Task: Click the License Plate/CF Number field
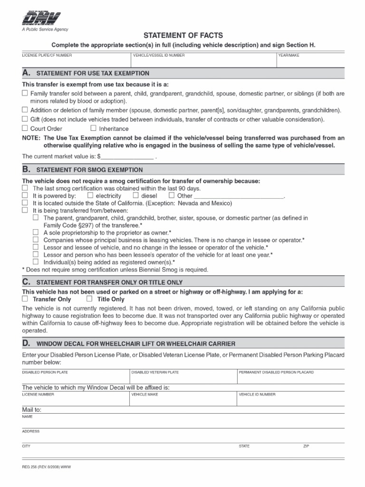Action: point(76,60)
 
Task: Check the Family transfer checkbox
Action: point(25,94)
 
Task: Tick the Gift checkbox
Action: point(25,119)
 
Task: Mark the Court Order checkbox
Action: point(25,128)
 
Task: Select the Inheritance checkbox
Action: point(93,128)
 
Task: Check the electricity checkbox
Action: point(90,195)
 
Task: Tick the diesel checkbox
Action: point(135,195)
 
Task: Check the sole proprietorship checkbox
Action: point(36,233)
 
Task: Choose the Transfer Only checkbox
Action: point(25,299)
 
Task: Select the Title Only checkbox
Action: point(89,299)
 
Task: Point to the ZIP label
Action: point(306,447)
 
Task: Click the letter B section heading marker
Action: point(27,169)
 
